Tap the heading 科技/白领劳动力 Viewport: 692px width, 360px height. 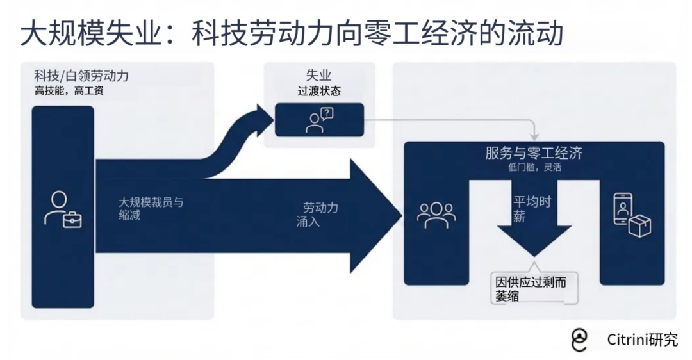[81, 76]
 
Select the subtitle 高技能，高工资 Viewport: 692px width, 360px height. [69, 91]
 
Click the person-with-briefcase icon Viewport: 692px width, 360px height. [63, 209]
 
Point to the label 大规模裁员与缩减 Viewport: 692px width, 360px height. [151, 209]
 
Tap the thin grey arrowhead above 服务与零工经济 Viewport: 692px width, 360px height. [534, 137]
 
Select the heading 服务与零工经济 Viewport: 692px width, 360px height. [534, 153]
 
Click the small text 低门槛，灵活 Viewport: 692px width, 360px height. [534, 168]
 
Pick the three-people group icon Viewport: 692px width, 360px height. [436, 215]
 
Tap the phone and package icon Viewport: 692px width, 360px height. [631, 215]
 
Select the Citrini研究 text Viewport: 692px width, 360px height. [642, 340]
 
